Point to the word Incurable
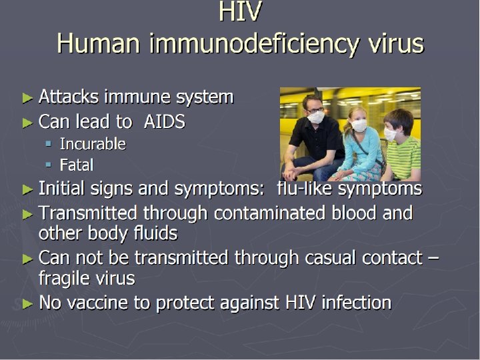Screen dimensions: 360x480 pyautogui.click(x=93, y=143)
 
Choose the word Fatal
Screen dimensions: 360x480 pyautogui.click(x=76, y=165)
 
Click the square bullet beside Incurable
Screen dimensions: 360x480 pyautogui.click(x=49, y=143)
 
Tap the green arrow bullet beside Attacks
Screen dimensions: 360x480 pyautogui.click(x=27, y=98)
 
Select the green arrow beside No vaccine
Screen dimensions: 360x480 pyautogui.click(x=27, y=304)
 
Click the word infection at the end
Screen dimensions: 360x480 pyautogui.click(x=356, y=303)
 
